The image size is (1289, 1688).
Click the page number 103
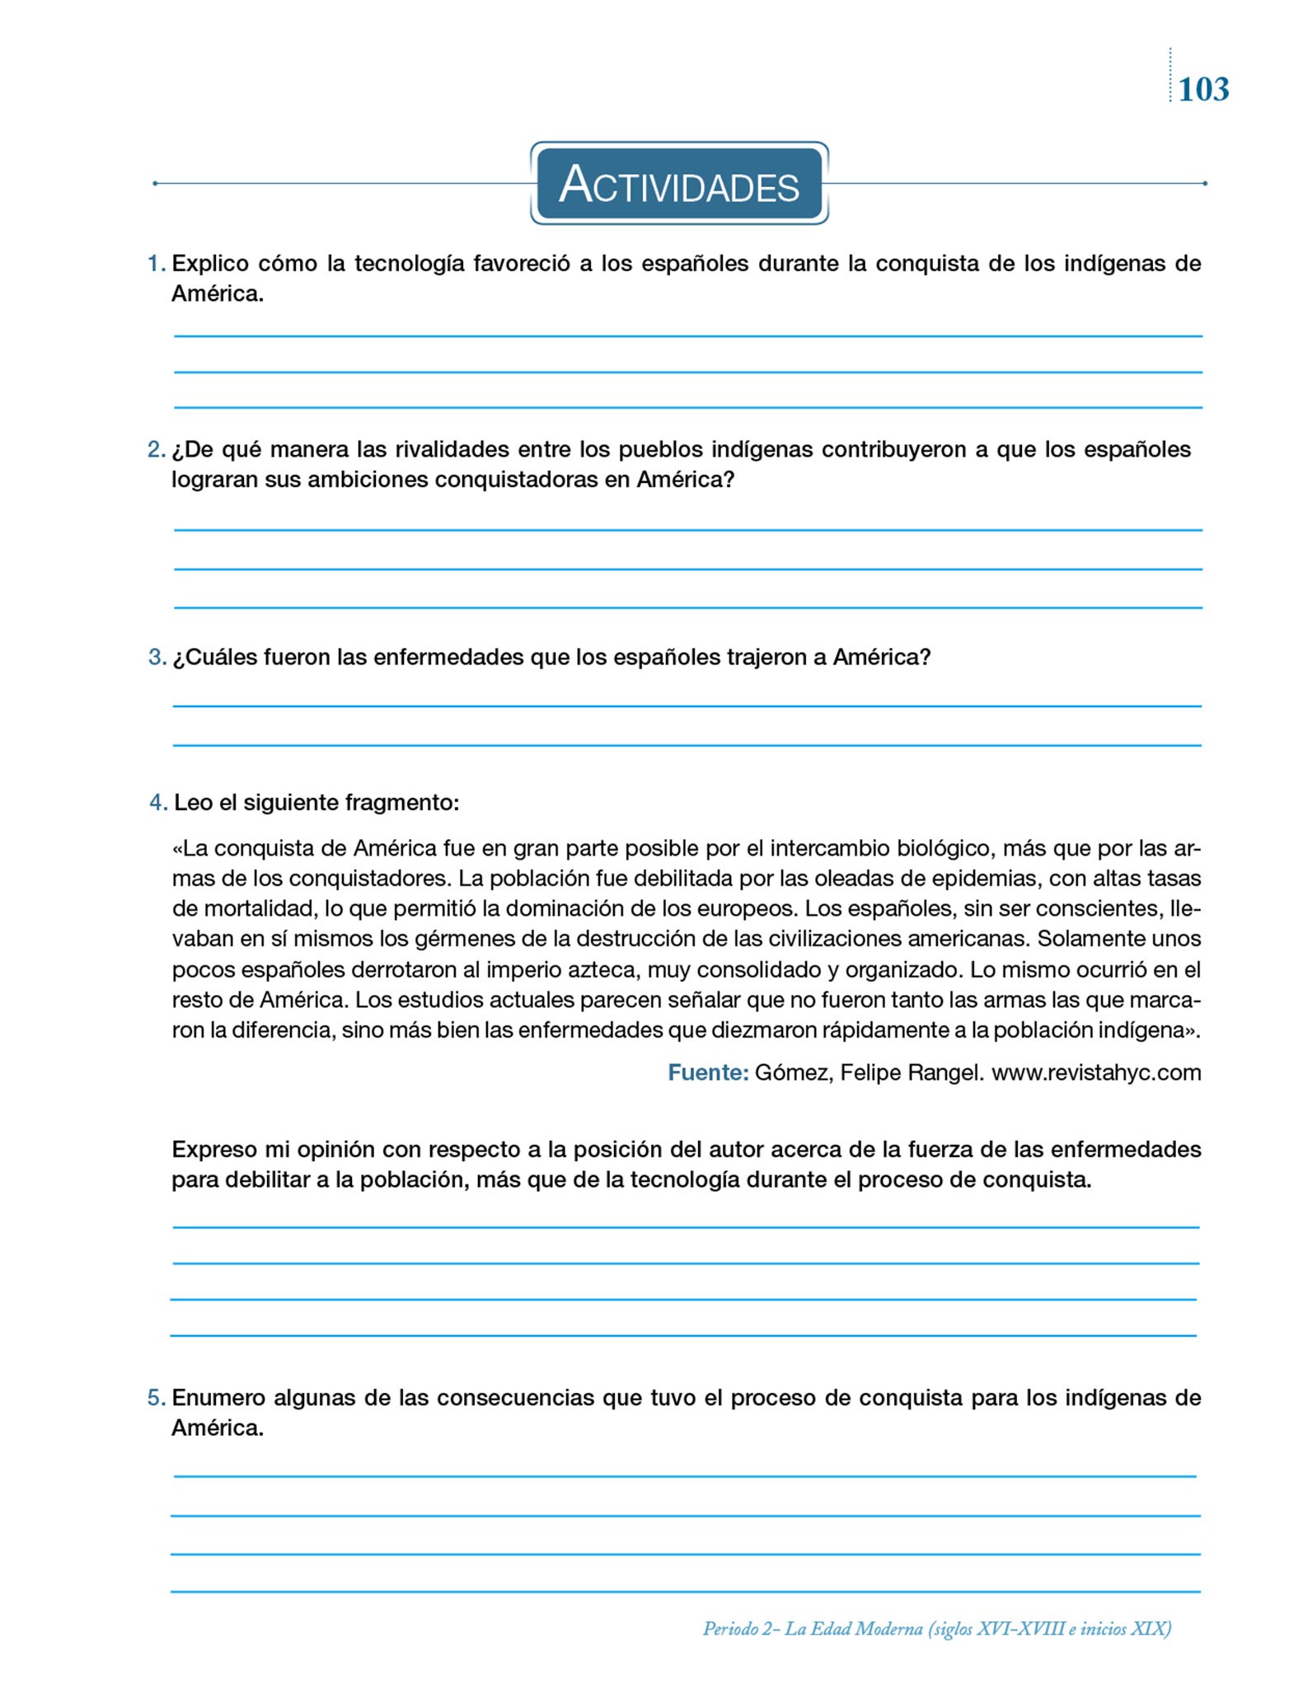click(1203, 89)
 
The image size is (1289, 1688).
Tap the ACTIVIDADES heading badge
click(679, 184)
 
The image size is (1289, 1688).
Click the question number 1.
click(156, 264)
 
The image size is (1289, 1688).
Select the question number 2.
click(156, 449)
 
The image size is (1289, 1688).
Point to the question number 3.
click(157, 657)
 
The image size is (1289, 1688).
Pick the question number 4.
click(158, 802)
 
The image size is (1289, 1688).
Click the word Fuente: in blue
click(708, 1072)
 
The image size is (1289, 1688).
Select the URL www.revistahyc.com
click(1096, 1072)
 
